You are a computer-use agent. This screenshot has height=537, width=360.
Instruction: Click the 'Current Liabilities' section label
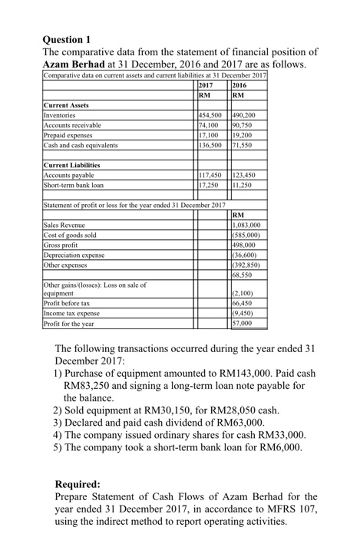click(x=71, y=164)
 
